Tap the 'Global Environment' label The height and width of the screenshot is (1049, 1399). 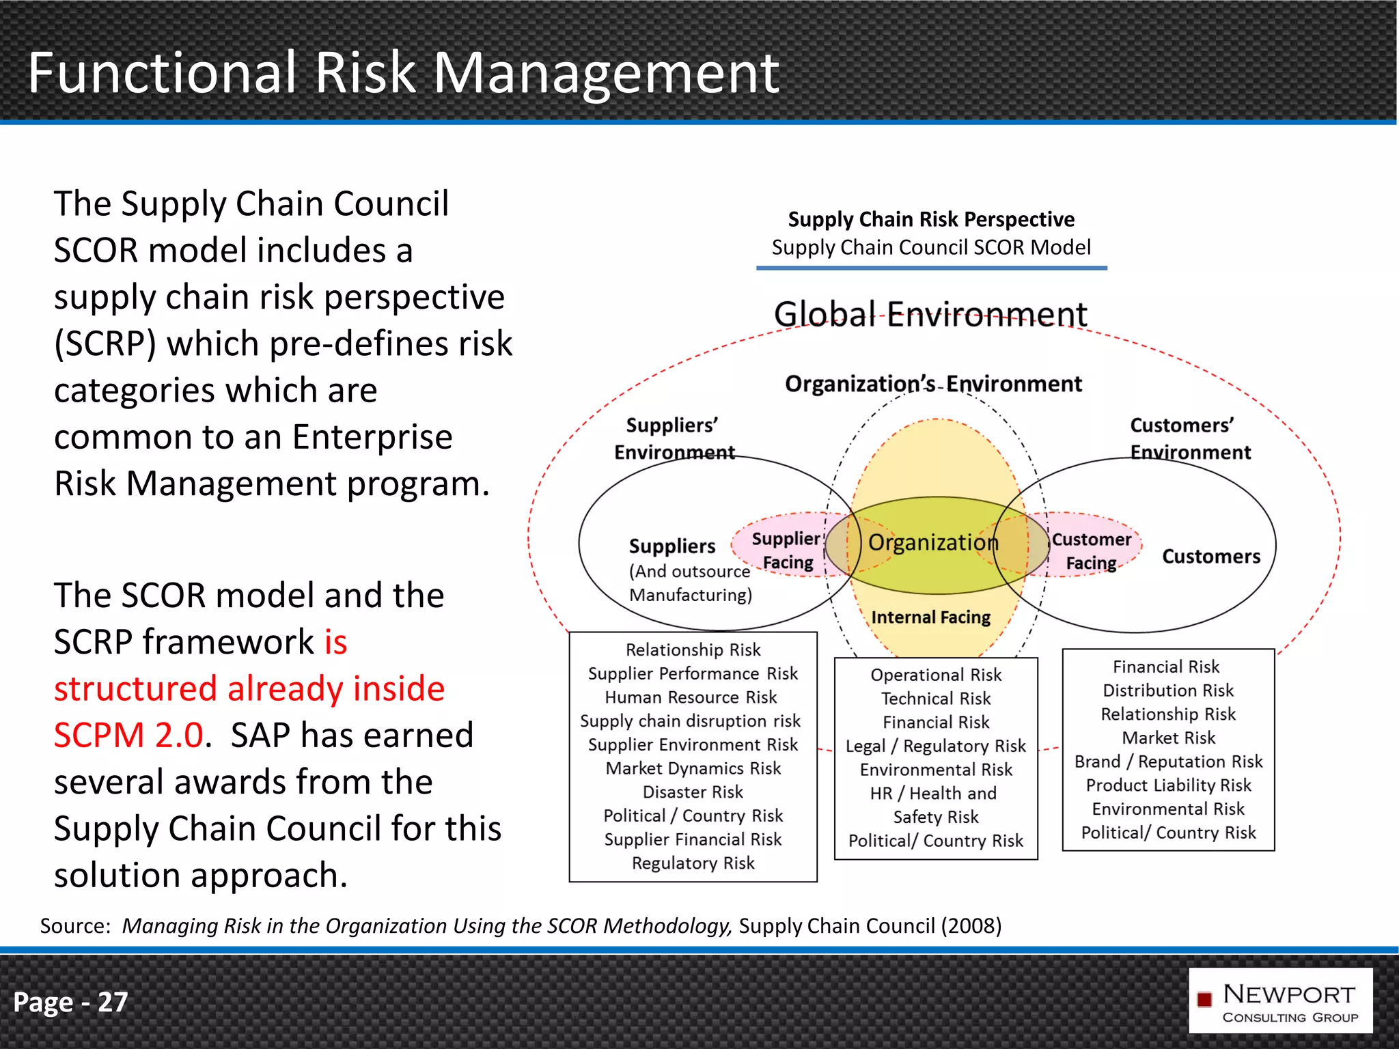(x=930, y=315)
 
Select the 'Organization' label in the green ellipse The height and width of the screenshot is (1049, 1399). (x=933, y=543)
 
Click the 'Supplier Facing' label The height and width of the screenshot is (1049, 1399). (x=787, y=550)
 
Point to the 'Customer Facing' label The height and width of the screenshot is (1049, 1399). (x=1091, y=551)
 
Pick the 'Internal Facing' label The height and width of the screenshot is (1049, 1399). (x=930, y=617)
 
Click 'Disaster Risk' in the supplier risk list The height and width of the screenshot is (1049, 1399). (x=693, y=792)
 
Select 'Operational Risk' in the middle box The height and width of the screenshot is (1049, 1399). (x=936, y=675)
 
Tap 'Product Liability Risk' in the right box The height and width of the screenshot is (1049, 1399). (x=1168, y=785)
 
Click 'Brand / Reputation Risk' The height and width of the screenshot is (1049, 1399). (x=1168, y=761)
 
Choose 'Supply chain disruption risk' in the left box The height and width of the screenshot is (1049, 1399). (x=690, y=721)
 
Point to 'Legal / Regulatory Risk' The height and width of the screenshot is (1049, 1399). (x=935, y=746)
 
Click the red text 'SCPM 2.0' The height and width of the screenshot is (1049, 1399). (x=128, y=736)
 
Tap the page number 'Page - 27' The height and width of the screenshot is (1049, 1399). (x=70, y=1002)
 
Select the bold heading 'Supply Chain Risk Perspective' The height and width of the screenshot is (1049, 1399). (x=931, y=219)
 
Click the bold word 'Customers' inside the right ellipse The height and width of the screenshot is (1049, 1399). (x=1211, y=557)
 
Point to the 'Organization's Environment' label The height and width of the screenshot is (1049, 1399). (x=933, y=384)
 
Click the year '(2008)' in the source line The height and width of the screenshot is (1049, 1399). (x=971, y=926)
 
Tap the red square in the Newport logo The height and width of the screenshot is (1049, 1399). (x=1204, y=1000)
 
